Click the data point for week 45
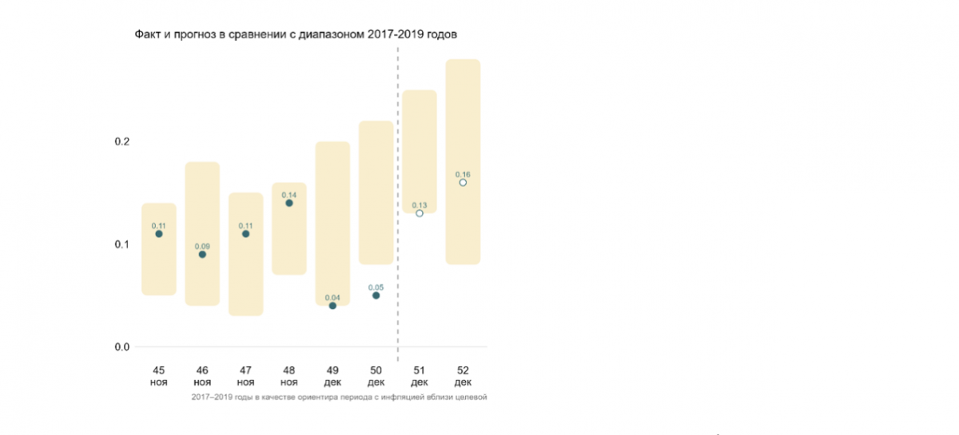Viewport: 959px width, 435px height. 159,234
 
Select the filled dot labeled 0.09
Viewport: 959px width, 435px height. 202,255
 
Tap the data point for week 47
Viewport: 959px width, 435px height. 245,234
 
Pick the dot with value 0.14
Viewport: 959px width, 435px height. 289,203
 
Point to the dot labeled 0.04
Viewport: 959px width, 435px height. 332,306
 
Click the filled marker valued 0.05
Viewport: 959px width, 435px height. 376,295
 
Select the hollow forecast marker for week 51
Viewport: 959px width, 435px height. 420,213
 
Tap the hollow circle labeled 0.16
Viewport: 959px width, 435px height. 463,183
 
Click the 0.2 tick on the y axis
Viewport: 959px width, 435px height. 121,141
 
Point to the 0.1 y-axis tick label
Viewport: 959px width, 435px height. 121,244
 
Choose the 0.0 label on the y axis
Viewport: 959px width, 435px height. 121,346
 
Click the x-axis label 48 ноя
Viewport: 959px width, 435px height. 289,376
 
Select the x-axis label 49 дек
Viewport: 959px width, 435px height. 332,376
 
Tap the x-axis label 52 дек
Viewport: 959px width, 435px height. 463,376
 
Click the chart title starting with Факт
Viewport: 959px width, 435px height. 295,34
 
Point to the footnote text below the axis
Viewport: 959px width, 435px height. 339,397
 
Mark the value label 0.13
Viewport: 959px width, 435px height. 420,205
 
